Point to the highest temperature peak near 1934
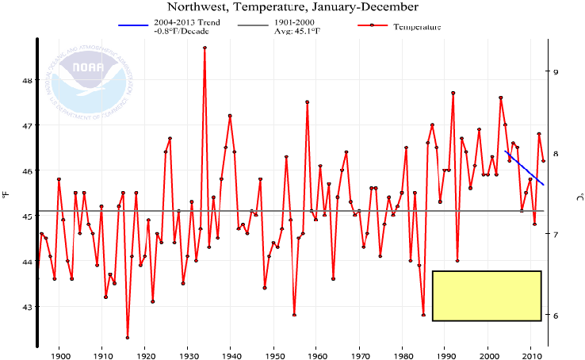(x=205, y=48)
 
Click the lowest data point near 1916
(x=128, y=338)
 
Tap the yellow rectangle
(x=486, y=296)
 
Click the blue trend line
(x=524, y=167)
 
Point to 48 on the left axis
(x=25, y=80)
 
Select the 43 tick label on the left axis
(x=25, y=307)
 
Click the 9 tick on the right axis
(x=556, y=72)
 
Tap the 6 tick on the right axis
(x=556, y=316)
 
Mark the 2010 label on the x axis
(x=530, y=354)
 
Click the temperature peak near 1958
(x=307, y=101)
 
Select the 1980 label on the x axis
(x=402, y=354)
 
